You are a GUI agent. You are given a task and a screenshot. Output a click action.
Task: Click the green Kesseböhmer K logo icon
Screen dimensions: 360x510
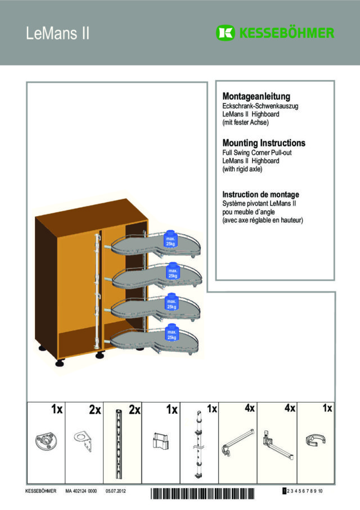coord(225,33)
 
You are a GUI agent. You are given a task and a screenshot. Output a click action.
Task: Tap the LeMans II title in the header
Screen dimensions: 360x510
coord(57,33)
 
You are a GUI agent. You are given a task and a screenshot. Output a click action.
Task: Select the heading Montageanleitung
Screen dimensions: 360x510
coord(256,96)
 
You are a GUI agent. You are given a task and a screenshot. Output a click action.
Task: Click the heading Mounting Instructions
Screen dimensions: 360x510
coord(264,143)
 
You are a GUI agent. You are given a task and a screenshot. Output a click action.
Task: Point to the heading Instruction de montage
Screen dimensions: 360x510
coord(260,195)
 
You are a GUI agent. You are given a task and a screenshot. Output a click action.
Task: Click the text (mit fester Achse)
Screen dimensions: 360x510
coord(245,123)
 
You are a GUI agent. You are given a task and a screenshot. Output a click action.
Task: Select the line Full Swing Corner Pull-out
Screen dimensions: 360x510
coord(256,153)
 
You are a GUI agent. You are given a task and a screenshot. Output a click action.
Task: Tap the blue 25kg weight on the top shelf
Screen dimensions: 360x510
coord(170,239)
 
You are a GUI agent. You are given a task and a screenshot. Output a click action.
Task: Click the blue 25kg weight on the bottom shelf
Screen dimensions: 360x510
coord(172,333)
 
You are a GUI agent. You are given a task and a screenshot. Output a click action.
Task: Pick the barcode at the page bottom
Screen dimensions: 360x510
coord(202,493)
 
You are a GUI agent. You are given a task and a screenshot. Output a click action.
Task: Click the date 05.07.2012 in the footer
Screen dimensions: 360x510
coord(116,491)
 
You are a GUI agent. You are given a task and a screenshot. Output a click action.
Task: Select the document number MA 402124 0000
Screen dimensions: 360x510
coord(81,491)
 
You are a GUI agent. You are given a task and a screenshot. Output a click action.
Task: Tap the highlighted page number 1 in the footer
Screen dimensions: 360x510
coord(285,491)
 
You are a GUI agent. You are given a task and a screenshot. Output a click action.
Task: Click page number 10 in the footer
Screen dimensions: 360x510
coord(321,491)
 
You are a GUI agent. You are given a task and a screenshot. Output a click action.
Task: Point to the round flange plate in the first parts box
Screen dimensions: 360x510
coord(46,441)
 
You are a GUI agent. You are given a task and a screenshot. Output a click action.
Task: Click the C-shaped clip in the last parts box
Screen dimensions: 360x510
coord(316,440)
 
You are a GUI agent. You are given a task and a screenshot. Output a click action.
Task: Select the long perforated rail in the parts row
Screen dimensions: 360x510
coord(119,444)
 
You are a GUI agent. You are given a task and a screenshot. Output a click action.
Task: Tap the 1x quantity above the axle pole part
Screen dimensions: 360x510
coord(212,409)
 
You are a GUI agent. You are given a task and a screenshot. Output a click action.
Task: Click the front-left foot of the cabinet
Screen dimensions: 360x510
coord(60,363)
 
